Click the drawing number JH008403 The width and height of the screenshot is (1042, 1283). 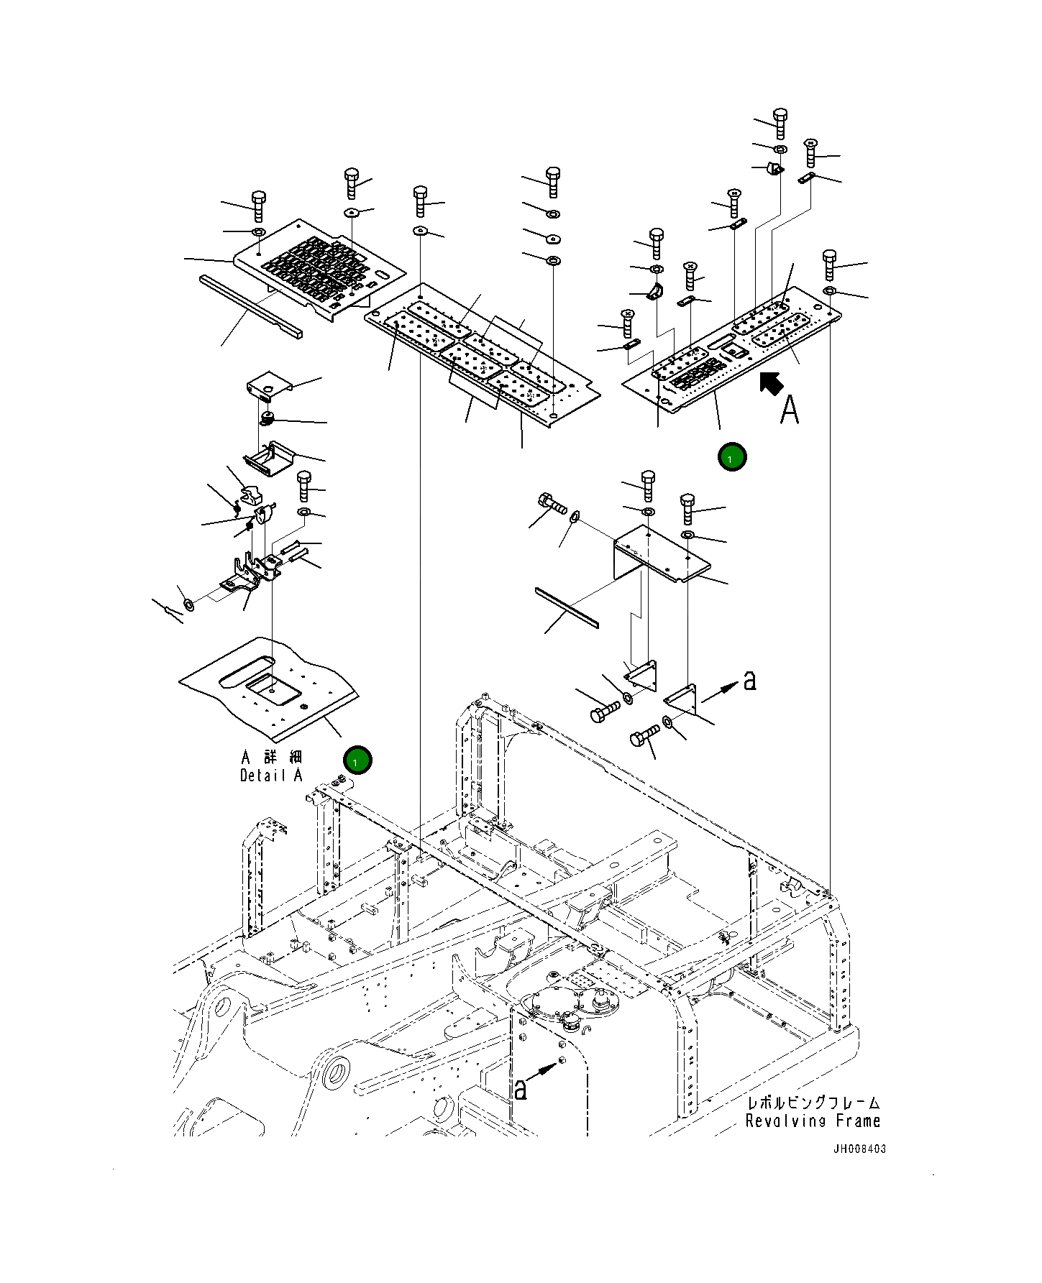click(x=859, y=1149)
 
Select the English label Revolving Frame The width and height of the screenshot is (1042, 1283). click(x=813, y=1121)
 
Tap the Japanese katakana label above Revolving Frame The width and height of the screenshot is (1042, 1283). click(x=813, y=1103)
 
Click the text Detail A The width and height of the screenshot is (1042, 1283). click(x=271, y=776)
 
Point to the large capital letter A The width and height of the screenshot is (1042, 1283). click(x=790, y=410)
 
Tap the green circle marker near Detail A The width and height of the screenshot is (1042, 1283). click(x=357, y=760)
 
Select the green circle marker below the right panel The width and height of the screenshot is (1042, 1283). click(x=732, y=457)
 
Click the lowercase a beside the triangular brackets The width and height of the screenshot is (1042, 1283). click(x=750, y=680)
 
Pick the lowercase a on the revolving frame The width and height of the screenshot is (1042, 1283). click(x=520, y=1090)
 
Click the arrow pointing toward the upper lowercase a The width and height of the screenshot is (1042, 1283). click(x=720, y=693)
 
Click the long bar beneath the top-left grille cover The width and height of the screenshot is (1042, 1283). click(x=251, y=305)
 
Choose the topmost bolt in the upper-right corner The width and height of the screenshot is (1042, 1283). click(x=780, y=123)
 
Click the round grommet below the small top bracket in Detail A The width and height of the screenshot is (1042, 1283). click(x=268, y=418)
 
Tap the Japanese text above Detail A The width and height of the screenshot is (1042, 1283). click(x=272, y=757)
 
